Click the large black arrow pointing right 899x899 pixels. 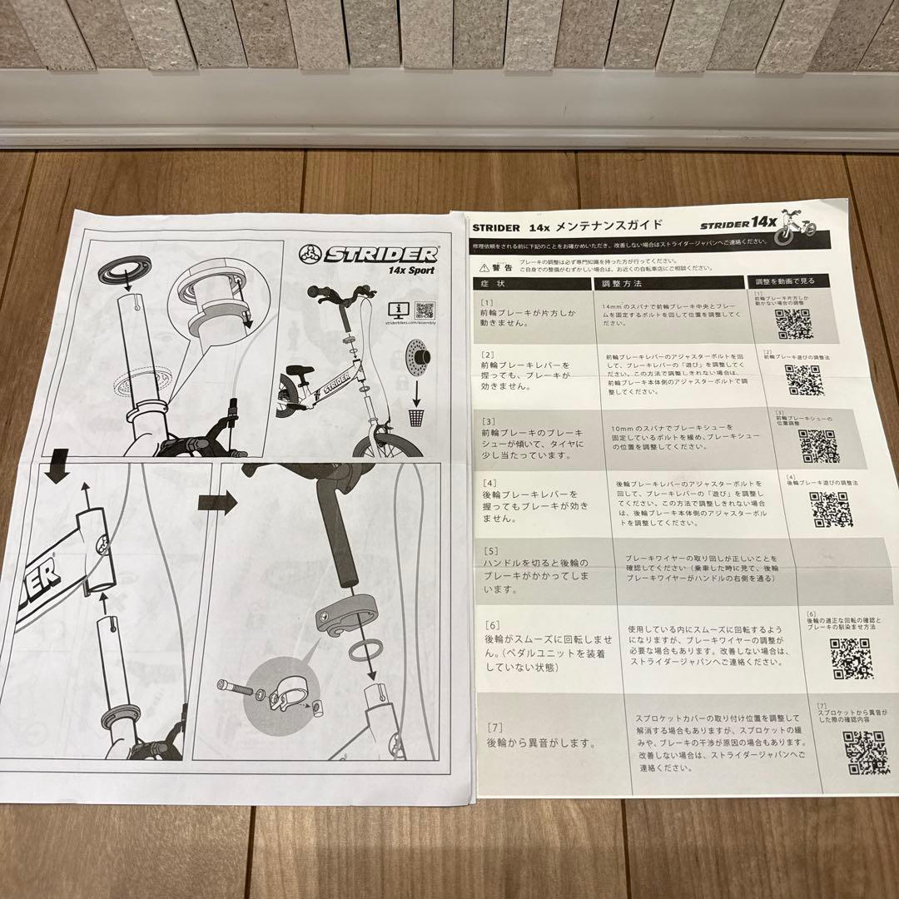point(216,503)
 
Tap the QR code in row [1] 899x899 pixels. point(793,325)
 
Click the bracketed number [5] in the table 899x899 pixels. point(490,551)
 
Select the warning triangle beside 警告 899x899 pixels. point(484,266)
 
